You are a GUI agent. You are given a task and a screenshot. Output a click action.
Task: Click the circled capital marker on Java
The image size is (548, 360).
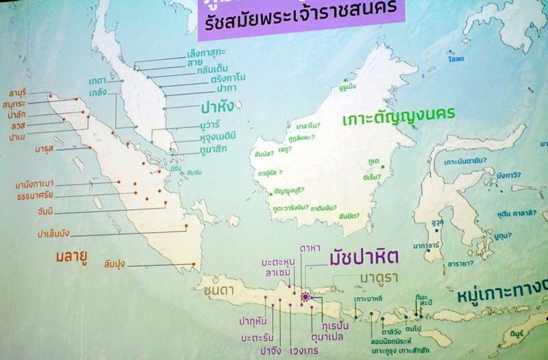tap(306, 296)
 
